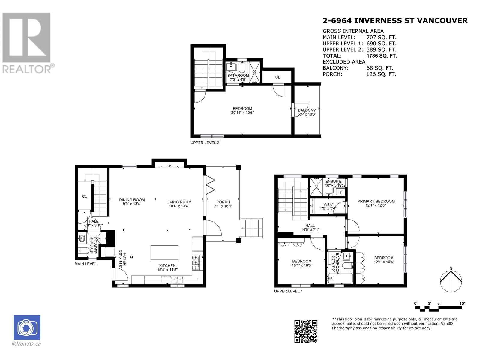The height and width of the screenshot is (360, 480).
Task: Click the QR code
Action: [x=306, y=331]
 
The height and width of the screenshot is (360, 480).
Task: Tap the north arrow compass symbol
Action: [x=451, y=280]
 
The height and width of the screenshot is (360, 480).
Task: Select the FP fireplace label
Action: [x=169, y=166]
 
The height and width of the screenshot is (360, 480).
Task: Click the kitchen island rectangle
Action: [x=164, y=253]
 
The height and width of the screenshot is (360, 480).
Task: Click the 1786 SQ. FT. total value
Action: [x=382, y=56]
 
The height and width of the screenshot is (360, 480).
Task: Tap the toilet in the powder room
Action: [x=83, y=251]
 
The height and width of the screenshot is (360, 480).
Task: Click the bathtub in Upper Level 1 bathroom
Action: [x=340, y=278]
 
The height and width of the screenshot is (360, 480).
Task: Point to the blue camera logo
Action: [x=27, y=327]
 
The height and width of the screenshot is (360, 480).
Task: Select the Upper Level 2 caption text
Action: [x=205, y=143]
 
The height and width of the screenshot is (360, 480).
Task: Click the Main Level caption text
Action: [x=85, y=264]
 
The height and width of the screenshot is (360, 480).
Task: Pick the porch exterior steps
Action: [x=251, y=228]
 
